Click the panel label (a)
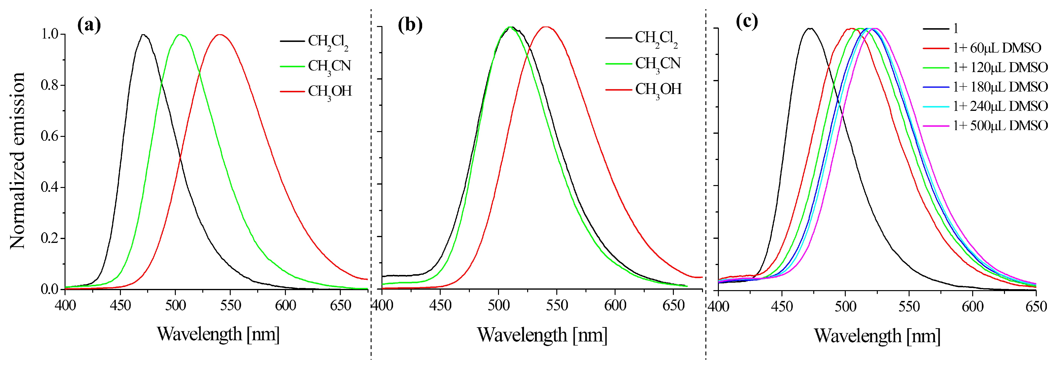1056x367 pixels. click(89, 26)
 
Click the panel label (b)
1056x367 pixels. click(410, 26)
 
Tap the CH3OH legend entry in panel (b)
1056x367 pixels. click(658, 89)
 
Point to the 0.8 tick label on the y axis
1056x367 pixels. click(50, 85)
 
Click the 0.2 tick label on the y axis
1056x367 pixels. click(50, 238)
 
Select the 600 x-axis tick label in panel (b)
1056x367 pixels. click(615, 306)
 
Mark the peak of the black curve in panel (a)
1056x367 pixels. click(143, 35)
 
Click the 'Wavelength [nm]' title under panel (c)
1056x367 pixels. click(877, 336)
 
